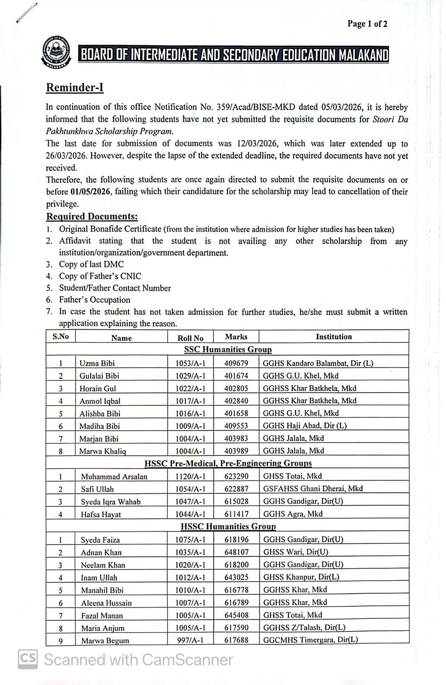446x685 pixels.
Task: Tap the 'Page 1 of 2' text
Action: click(x=367, y=24)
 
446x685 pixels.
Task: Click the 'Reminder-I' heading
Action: click(x=75, y=88)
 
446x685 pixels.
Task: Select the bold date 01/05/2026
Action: click(x=90, y=192)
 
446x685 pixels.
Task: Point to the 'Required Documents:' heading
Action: click(x=92, y=217)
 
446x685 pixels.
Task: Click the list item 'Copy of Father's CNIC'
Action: click(x=100, y=276)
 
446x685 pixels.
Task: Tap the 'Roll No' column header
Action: click(x=190, y=338)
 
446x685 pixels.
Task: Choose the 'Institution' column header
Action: click(x=334, y=337)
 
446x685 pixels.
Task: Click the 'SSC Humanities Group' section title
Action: click(x=228, y=350)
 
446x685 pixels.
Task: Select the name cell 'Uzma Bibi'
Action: click(x=97, y=363)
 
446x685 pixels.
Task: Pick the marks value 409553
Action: click(x=236, y=426)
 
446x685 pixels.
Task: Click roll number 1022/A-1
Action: click(x=190, y=388)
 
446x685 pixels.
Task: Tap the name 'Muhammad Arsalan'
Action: click(x=114, y=477)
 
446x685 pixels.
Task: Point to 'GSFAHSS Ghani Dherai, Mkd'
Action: click(x=313, y=488)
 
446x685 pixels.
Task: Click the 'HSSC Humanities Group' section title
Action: click(x=228, y=526)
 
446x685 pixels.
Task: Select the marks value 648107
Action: click(x=236, y=552)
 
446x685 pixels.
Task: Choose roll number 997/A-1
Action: click(x=190, y=640)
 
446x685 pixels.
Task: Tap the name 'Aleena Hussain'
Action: click(x=106, y=603)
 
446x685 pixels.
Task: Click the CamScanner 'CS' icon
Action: click(x=28, y=659)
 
